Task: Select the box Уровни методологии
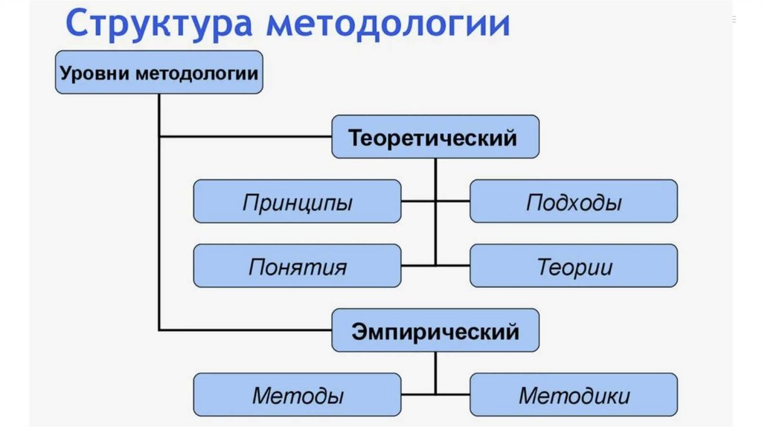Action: click(x=159, y=72)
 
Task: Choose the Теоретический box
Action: click(x=435, y=137)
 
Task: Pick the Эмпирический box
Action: click(x=435, y=330)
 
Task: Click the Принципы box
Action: click(x=297, y=202)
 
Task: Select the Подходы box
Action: click(x=573, y=202)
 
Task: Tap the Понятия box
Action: click(x=297, y=266)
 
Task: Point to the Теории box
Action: click(x=573, y=266)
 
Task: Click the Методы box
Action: click(x=297, y=394)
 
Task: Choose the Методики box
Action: click(x=573, y=394)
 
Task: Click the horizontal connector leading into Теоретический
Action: click(x=246, y=137)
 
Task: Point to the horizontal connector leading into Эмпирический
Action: click(x=246, y=330)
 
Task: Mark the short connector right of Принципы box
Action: click(x=418, y=202)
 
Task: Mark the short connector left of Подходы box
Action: click(x=452, y=202)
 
